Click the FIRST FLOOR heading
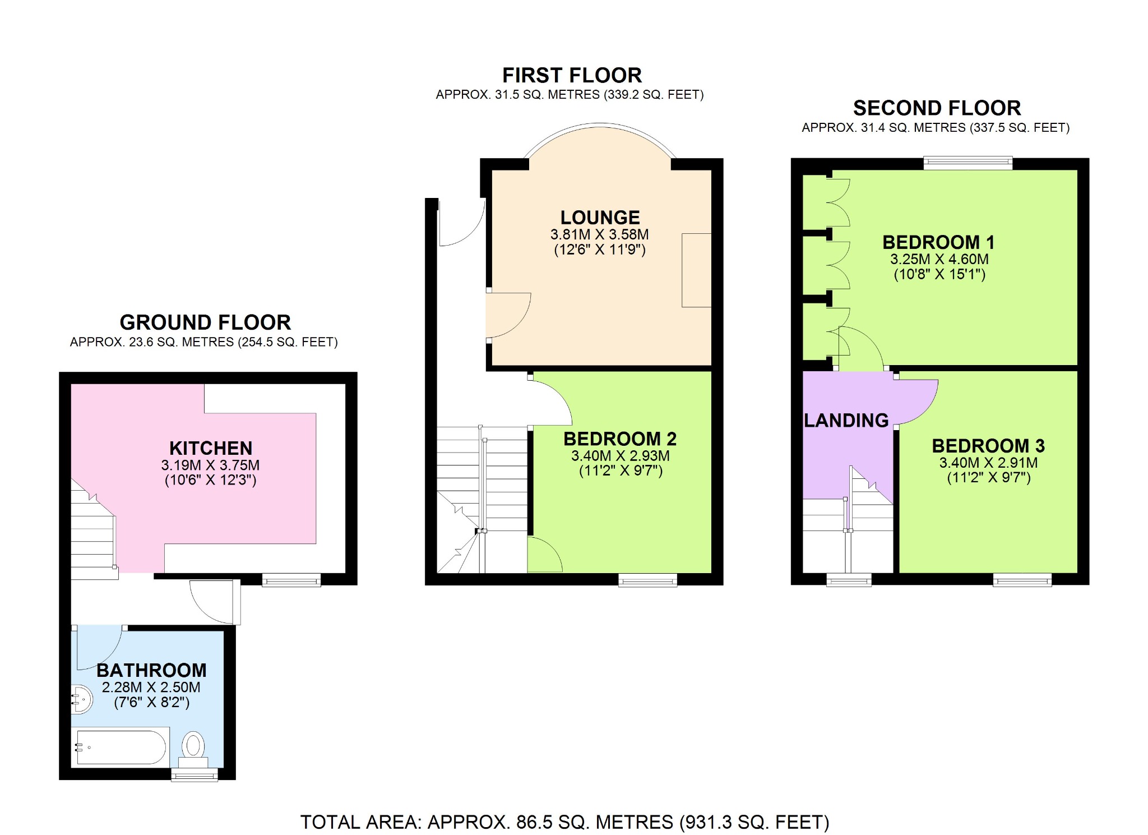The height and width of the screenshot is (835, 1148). coord(572,75)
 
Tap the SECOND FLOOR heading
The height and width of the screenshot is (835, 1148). coord(937,108)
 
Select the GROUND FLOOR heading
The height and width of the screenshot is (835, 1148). coord(205,322)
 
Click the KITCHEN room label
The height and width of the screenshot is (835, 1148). coord(211,448)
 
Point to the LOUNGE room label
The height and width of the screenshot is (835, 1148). coord(600,218)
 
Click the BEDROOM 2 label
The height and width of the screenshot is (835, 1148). coord(620,439)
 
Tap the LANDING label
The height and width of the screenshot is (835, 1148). coord(846,420)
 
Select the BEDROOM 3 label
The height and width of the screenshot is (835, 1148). coord(988,446)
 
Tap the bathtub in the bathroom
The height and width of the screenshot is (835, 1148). coord(121,747)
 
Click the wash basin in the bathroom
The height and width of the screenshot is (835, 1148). coord(82,699)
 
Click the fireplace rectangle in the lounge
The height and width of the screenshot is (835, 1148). coord(696,270)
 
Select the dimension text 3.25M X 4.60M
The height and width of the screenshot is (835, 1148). coord(939,259)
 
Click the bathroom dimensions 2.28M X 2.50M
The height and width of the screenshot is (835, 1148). coord(151,687)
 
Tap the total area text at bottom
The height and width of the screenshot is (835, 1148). coord(564,822)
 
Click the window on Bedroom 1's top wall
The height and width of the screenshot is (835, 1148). coord(968,163)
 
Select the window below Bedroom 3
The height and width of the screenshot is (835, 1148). coord(1022,580)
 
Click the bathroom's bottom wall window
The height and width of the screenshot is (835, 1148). coord(195,774)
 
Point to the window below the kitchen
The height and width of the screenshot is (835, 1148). coord(291,580)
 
